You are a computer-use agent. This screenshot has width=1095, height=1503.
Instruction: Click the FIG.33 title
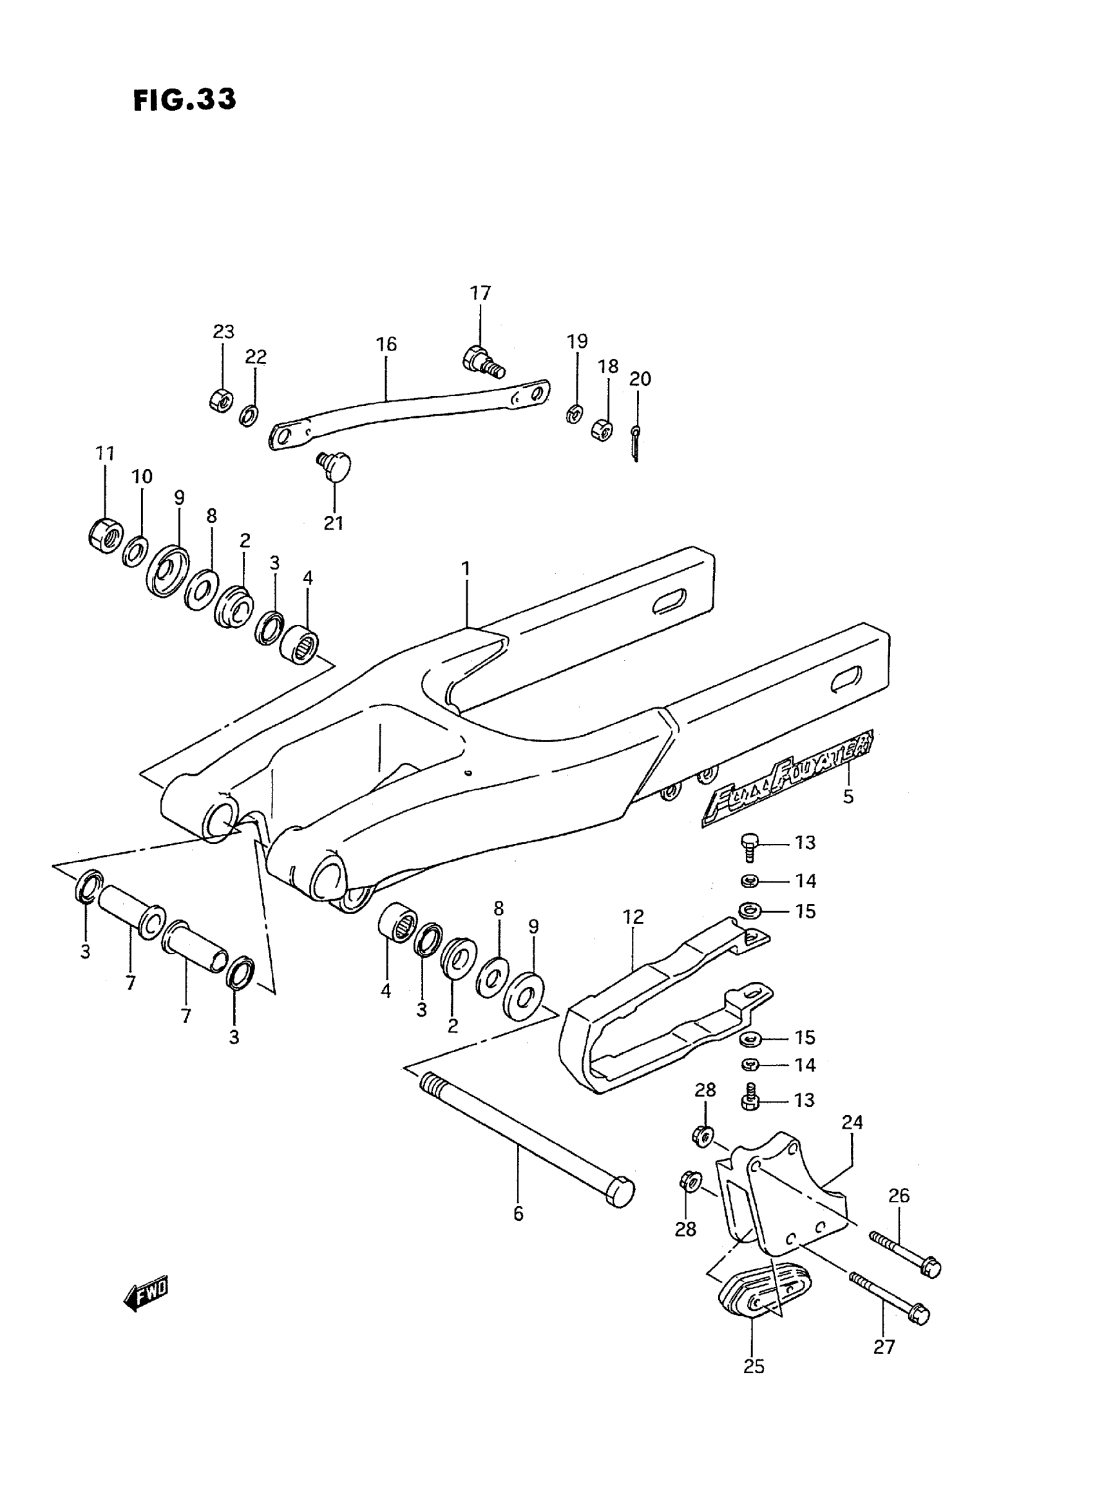coord(184,99)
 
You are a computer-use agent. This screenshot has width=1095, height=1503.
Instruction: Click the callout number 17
coord(481,292)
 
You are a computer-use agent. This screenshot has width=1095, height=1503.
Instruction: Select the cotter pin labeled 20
coord(634,442)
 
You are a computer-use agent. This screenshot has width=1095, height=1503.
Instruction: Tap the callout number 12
coord(633,917)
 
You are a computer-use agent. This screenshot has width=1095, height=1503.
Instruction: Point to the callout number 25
coord(754,1366)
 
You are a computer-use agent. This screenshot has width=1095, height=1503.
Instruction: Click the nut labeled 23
coord(220,401)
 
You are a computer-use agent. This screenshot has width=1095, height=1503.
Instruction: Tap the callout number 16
coord(386,344)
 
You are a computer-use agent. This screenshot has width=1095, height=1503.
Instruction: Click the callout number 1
coord(466,568)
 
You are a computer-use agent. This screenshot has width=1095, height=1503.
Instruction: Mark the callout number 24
coord(852,1122)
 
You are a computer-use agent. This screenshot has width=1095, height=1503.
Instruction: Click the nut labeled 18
coord(602,430)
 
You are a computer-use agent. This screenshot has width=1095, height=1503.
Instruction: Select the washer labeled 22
coord(249,416)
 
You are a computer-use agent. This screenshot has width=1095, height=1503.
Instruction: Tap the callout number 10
coord(142,476)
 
